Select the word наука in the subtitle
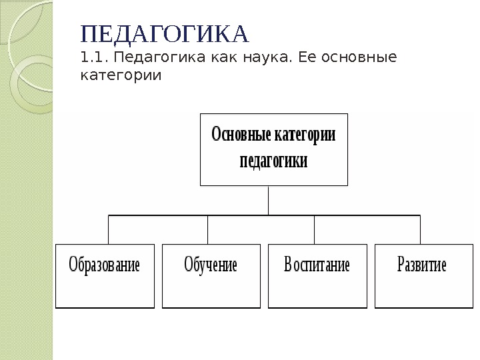coord(263,59)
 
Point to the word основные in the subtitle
coord(359,59)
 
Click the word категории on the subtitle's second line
coord(121,75)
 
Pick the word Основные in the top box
coord(240,135)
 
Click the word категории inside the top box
coord(304,135)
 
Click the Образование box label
coord(105,265)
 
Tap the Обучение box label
coord(211,265)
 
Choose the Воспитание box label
coord(317,265)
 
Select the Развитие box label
coord(422,265)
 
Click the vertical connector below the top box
coord(269,200)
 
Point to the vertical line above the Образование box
coord(109,229)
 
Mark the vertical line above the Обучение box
coord(207,229)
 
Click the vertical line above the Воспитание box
coord(314,229)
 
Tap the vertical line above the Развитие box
coord(420,229)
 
